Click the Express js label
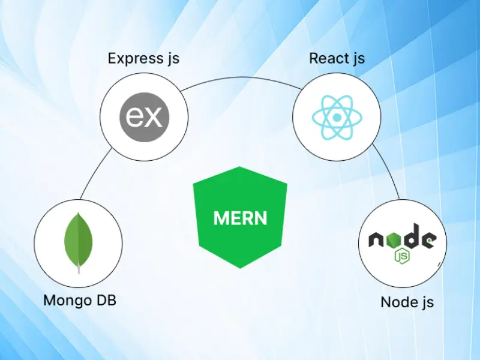(x=143, y=59)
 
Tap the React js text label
(x=337, y=59)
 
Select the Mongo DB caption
(x=79, y=300)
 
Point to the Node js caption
(x=407, y=301)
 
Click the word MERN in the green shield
(x=240, y=218)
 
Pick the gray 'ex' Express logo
(x=144, y=115)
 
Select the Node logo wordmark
(x=402, y=241)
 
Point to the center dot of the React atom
(x=337, y=115)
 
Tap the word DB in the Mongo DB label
(x=103, y=300)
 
